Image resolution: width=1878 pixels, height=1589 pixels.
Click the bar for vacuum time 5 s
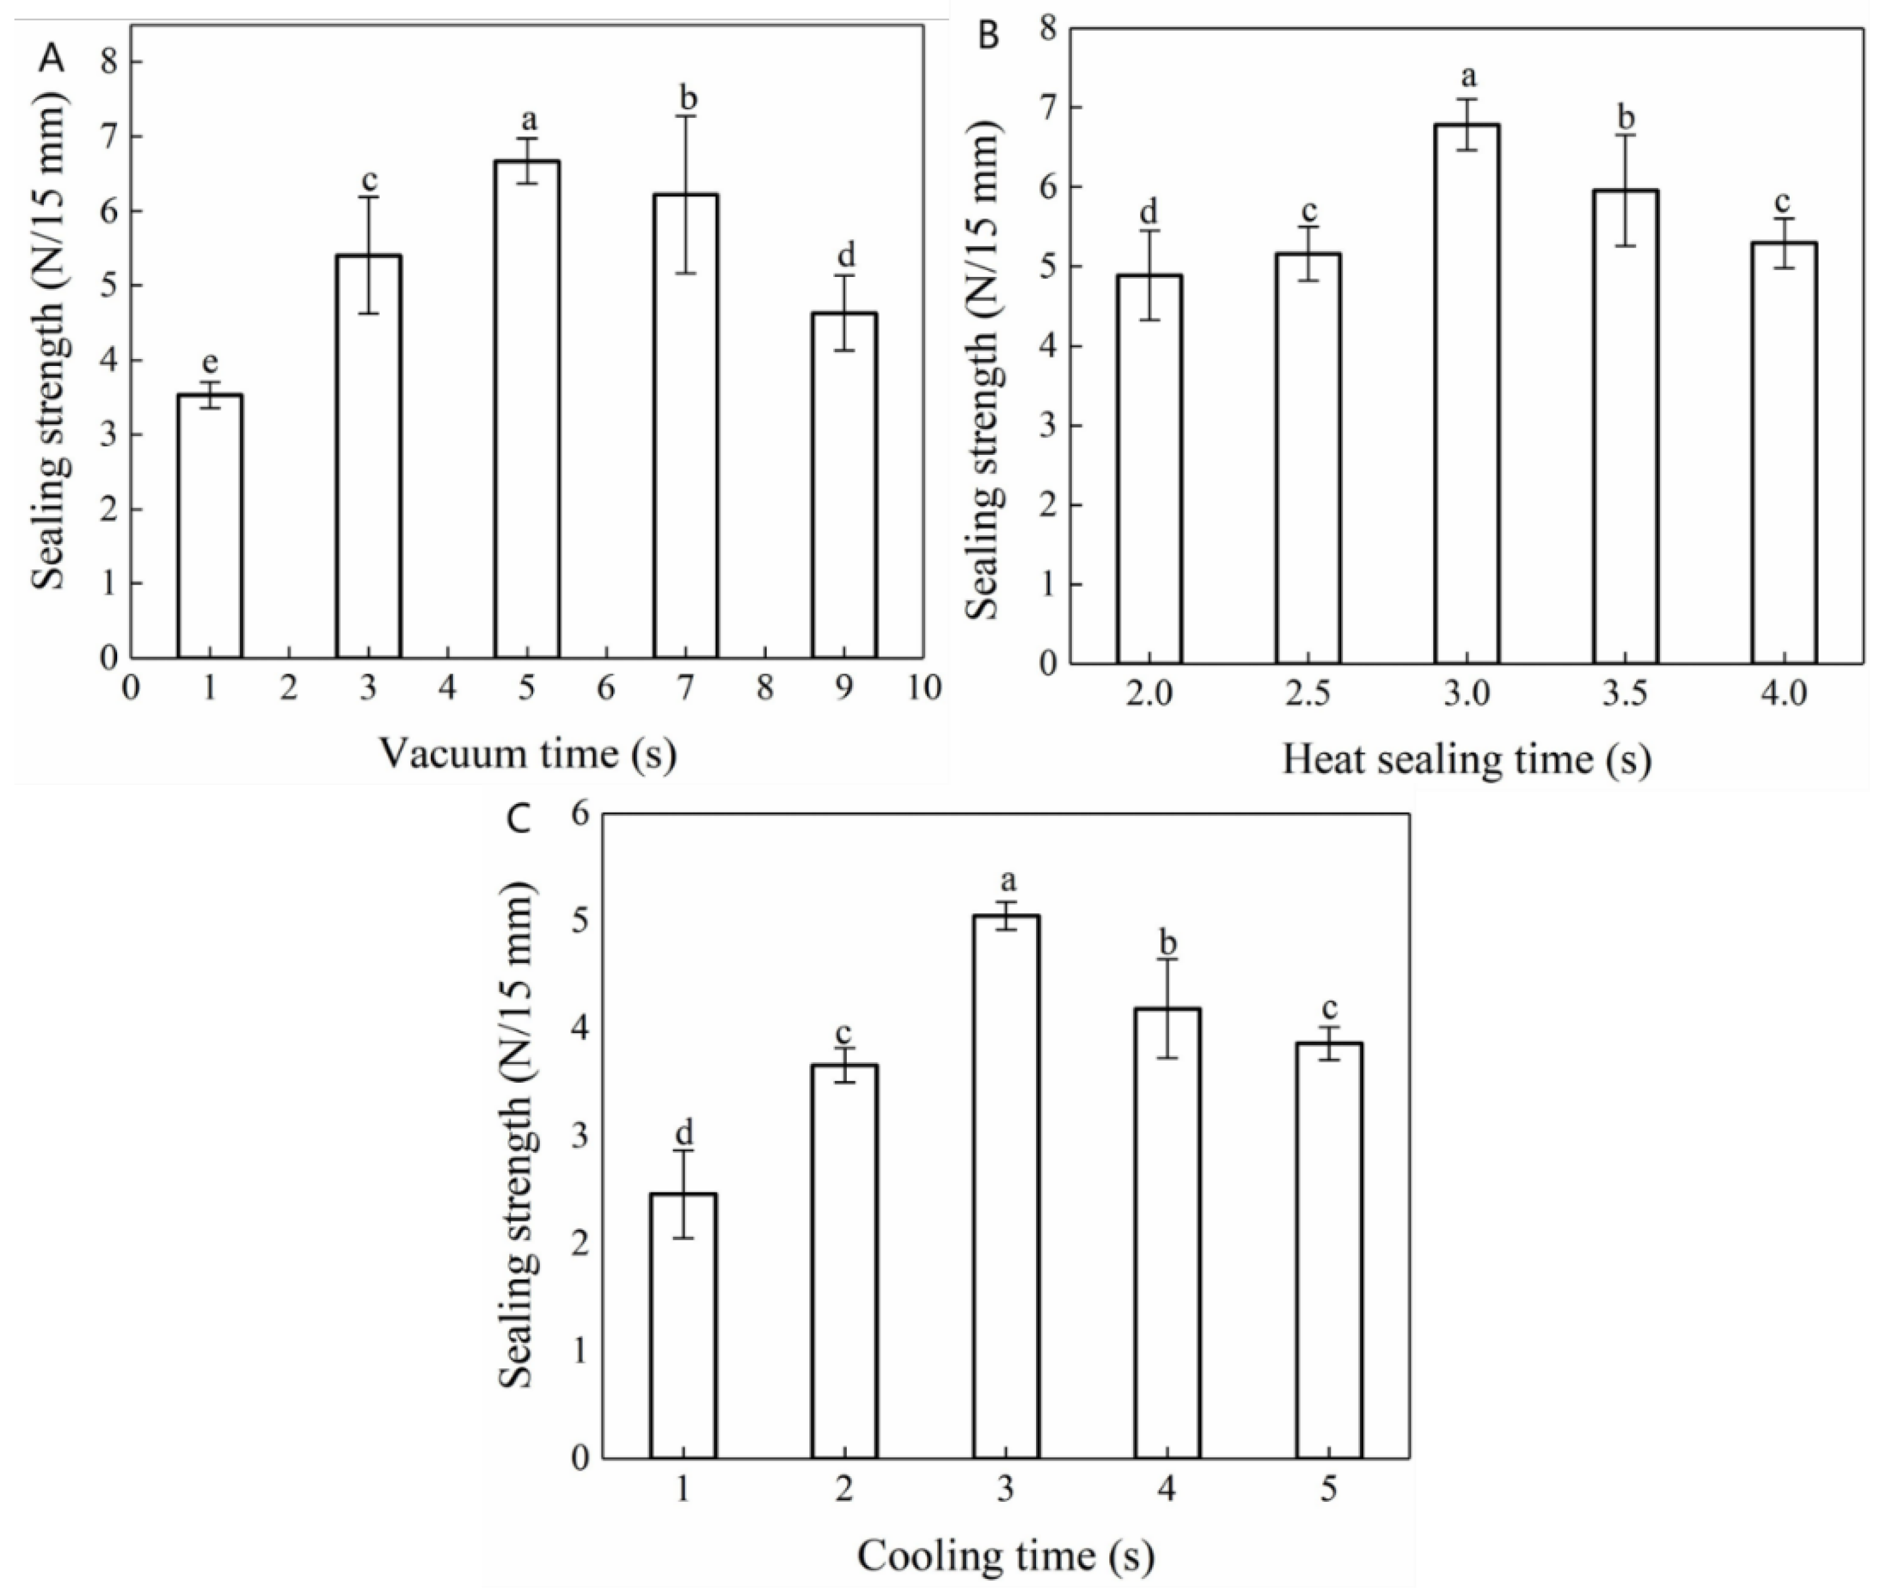(527, 410)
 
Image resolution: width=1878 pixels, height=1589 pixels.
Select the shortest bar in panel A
(210, 526)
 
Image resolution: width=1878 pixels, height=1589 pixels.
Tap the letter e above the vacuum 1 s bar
(210, 362)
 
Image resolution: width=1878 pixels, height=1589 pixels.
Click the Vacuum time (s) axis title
(527, 753)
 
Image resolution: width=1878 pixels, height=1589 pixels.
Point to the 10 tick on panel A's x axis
(921, 688)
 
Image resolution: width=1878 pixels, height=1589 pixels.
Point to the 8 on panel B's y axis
(1047, 28)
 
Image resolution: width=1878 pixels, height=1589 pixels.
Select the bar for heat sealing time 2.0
(1150, 469)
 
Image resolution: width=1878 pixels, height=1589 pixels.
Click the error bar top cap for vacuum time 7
(687, 116)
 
